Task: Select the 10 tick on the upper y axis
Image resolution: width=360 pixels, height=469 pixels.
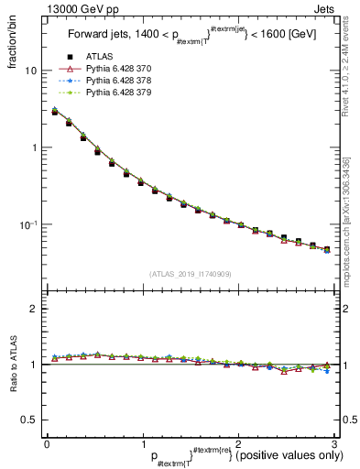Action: pyautogui.click(x=31, y=71)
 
